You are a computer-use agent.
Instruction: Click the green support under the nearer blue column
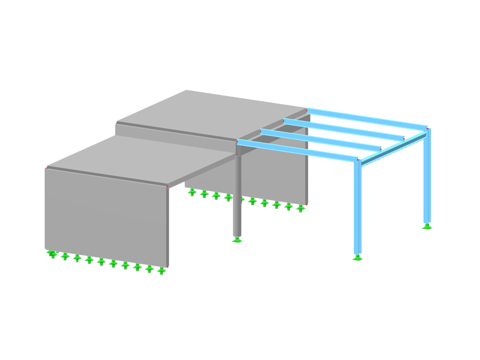pos(357,257)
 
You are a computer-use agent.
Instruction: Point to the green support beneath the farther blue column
pos(426,226)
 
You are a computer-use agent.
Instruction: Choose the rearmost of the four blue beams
pos(367,117)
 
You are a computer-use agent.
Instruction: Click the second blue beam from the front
pos(320,140)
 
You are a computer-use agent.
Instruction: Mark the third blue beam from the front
pos(345,128)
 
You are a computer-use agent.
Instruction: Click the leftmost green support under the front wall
pos(52,254)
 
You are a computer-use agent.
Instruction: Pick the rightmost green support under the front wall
pos(161,270)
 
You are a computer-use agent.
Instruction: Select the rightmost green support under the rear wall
pos(300,208)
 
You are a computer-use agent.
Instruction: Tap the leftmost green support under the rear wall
pos(192,192)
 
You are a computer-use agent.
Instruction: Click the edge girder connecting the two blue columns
pos(392,148)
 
